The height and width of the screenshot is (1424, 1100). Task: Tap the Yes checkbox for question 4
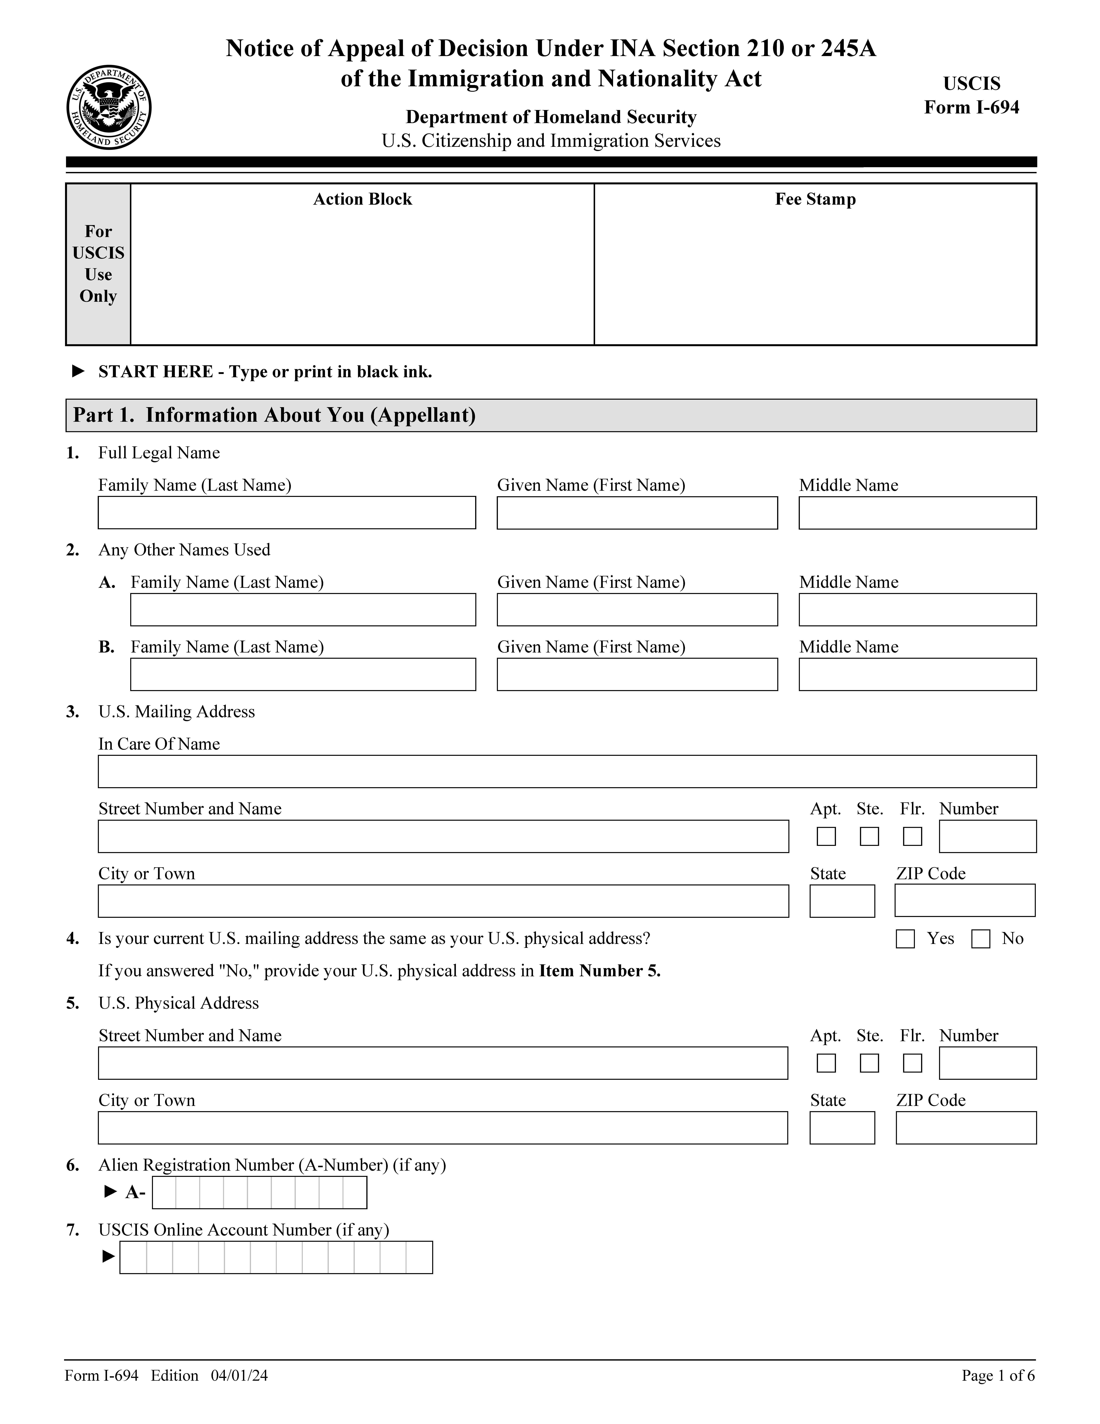point(905,939)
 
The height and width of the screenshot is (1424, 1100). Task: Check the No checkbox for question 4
point(981,939)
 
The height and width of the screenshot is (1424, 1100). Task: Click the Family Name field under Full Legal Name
point(287,512)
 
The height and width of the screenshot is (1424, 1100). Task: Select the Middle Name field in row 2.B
point(917,674)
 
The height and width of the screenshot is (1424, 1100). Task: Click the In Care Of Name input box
point(567,771)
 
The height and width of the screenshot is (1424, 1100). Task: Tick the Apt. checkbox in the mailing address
point(826,837)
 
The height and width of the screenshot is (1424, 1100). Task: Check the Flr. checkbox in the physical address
point(912,1063)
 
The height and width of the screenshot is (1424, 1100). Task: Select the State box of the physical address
point(842,1128)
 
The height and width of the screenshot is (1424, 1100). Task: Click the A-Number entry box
point(259,1193)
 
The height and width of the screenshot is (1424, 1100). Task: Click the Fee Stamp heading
point(815,200)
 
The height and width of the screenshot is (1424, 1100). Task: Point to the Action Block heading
point(362,200)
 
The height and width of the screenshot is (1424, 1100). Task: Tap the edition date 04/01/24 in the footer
point(239,1376)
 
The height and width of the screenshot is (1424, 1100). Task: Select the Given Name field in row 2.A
point(637,610)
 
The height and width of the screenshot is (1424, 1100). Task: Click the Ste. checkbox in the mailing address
point(869,837)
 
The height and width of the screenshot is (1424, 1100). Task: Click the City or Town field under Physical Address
point(443,1128)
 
